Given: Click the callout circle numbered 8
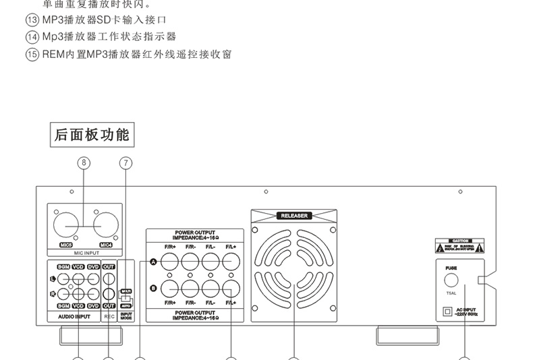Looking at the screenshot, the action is tap(84, 162).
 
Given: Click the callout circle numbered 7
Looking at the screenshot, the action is tap(125, 162).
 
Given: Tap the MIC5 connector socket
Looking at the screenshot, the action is tap(66, 225).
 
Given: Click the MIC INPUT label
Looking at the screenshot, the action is tap(84, 253).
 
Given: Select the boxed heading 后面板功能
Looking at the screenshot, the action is tap(92, 134).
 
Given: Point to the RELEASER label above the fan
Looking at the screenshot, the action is tap(293, 216).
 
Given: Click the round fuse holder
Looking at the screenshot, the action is tap(451, 280).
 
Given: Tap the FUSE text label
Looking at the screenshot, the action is tap(451, 268).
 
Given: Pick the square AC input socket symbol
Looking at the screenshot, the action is tap(446, 311).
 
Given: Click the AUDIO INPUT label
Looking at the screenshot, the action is tap(74, 316).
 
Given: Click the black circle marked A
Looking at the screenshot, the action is tap(154, 262).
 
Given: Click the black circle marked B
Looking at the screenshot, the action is tap(154, 289).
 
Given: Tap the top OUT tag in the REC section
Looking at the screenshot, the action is tap(108, 267).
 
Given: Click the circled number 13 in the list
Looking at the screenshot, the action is tap(32, 20).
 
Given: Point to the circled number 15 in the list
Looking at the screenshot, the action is tap(32, 54).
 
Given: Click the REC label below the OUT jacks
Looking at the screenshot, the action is tap(109, 316).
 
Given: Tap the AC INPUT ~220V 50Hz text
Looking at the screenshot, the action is tap(466, 312).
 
